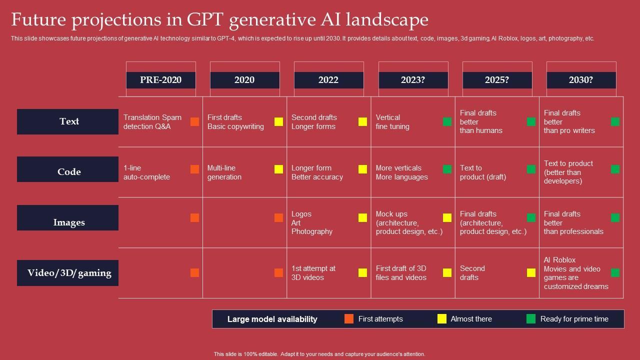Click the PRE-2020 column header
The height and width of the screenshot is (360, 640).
click(160, 80)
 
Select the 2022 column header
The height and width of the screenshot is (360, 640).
click(328, 80)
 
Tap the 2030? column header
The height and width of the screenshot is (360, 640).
click(581, 80)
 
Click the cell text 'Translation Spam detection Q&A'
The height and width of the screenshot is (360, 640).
click(152, 122)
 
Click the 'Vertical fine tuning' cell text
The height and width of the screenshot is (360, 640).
click(392, 122)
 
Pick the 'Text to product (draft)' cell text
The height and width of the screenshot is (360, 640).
click(483, 172)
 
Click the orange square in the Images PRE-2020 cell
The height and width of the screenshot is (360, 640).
click(195, 217)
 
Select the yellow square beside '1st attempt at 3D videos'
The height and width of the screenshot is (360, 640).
click(363, 272)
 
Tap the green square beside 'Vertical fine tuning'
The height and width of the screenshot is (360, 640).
click(447, 122)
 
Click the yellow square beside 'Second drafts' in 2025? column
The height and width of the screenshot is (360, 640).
click(531, 272)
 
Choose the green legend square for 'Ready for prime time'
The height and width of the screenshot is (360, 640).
click(531, 319)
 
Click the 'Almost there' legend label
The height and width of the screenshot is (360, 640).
click(471, 319)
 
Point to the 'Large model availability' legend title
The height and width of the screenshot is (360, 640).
click(272, 319)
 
